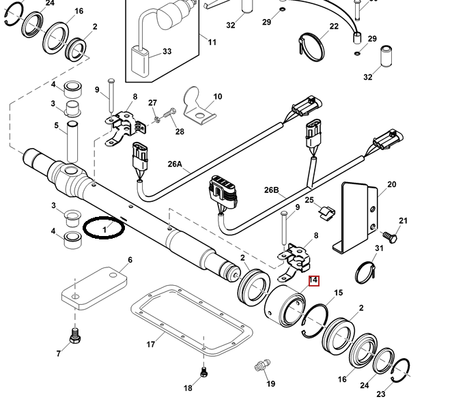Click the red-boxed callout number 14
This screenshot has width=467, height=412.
[x=313, y=280]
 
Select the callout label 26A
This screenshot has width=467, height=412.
[x=175, y=164]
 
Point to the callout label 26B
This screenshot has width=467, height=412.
[x=272, y=190]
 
